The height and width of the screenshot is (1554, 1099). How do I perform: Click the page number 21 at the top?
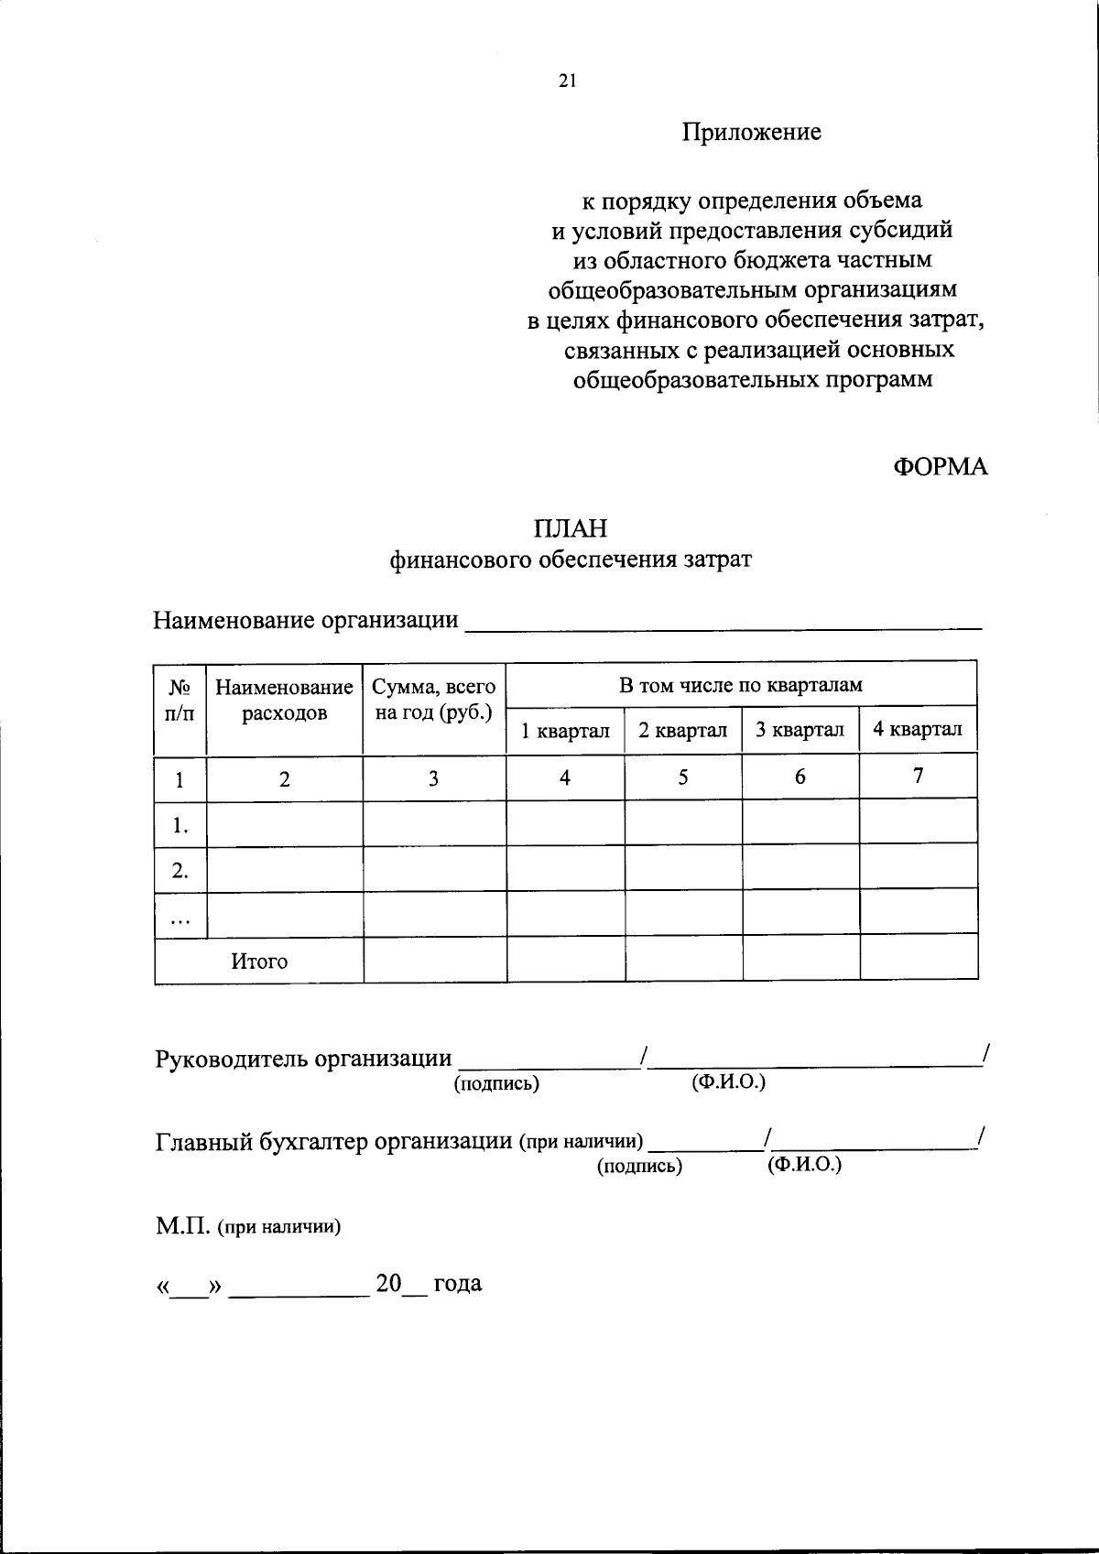[567, 82]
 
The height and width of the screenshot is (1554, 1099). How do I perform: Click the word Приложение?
[751, 132]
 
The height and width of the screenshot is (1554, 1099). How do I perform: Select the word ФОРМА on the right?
[941, 466]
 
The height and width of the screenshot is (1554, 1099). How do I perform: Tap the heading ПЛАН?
[571, 529]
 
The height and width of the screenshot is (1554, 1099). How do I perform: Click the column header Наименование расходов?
[284, 700]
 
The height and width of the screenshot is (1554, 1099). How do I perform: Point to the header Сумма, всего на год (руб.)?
[434, 700]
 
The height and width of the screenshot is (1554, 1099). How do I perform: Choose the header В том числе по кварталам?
[740, 685]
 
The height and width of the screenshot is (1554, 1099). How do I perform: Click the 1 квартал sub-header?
[565, 731]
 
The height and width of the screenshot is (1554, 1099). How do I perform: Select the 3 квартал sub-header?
[800, 730]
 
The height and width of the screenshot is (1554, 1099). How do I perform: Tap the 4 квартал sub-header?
[918, 729]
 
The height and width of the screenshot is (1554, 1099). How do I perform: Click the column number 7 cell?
[918, 777]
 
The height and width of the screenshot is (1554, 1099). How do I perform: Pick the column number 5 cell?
[683, 777]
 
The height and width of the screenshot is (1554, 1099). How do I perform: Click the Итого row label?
[259, 961]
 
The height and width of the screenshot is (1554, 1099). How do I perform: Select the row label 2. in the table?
[180, 870]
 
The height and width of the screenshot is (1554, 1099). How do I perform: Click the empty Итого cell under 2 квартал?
[683, 959]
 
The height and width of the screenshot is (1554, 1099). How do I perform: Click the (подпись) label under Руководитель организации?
[496, 1084]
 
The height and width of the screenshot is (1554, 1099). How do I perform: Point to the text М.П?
[184, 1226]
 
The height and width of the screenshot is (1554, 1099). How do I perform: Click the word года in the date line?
[457, 1284]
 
